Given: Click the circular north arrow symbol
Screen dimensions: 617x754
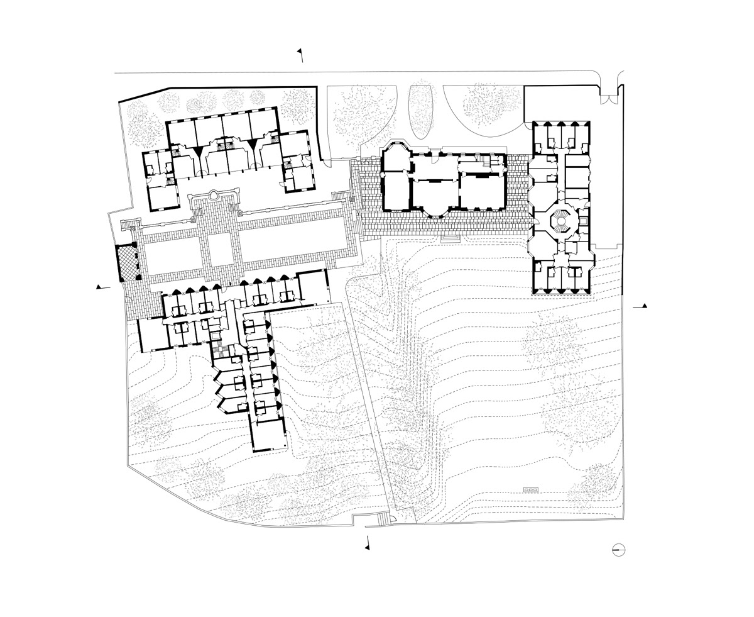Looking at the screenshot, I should pyautogui.click(x=619, y=550).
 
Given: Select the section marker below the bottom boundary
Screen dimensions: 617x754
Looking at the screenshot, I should pyautogui.click(x=367, y=545).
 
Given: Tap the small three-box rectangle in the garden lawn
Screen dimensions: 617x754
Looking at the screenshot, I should pyautogui.click(x=531, y=489).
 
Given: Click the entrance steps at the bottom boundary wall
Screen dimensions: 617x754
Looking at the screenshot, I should pyautogui.click(x=381, y=519).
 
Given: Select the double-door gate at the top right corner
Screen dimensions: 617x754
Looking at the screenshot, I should pyautogui.click(x=608, y=95).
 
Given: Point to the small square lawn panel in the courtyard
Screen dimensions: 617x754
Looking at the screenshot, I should pyautogui.click(x=221, y=249).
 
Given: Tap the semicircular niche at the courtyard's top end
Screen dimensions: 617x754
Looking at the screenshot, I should pyautogui.click(x=214, y=195).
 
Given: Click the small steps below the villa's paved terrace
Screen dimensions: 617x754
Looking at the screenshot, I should pyautogui.click(x=450, y=237).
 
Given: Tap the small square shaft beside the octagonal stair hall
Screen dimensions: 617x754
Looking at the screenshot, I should pyautogui.click(x=583, y=221).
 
